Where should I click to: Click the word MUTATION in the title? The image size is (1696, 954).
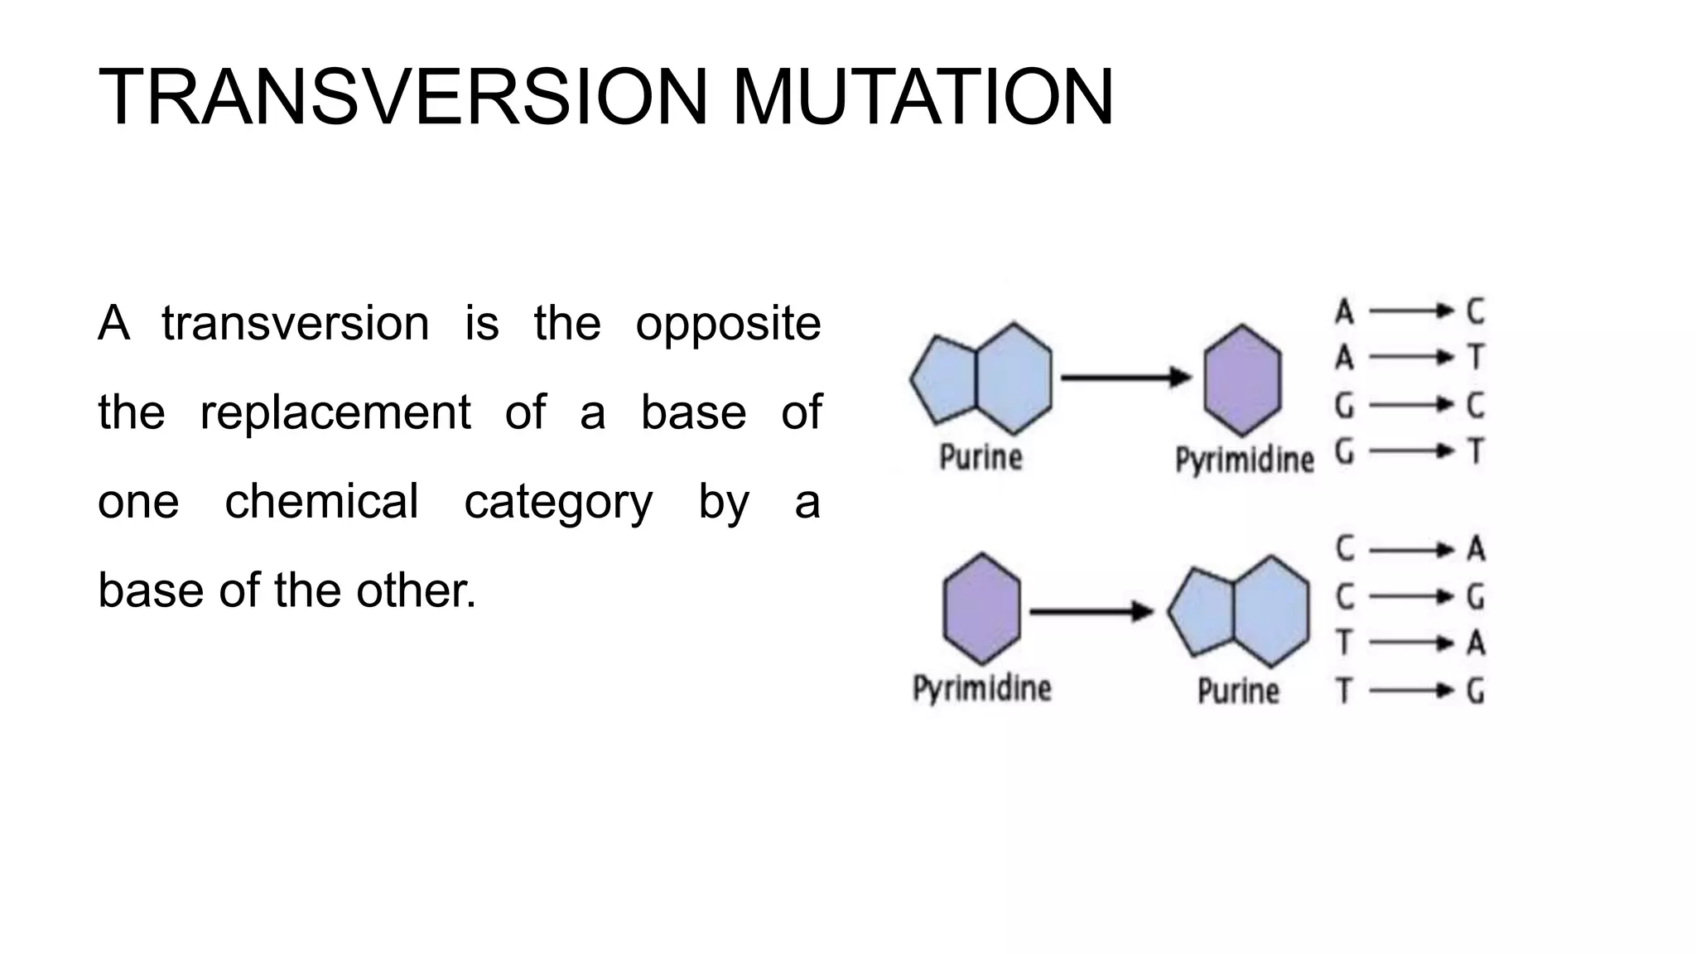[923, 98]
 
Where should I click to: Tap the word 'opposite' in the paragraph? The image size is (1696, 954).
[728, 323]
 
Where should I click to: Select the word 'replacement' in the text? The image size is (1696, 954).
[335, 412]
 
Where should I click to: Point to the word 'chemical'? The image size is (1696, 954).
[321, 502]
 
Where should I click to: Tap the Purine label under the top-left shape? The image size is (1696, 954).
[980, 457]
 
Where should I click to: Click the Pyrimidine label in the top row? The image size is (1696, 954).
[1244, 460]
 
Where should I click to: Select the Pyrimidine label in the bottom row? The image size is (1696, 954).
[981, 688]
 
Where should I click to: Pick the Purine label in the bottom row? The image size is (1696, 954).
[1238, 691]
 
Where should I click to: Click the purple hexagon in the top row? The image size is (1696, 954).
[1242, 380]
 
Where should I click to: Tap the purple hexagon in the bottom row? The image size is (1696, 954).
[981, 609]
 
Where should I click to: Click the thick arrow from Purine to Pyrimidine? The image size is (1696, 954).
[1125, 378]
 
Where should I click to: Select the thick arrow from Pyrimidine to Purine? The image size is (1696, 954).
[1091, 612]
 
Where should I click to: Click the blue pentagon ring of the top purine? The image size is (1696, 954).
[944, 379]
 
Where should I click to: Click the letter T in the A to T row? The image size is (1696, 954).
[1475, 358]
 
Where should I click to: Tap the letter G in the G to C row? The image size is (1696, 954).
[1344, 405]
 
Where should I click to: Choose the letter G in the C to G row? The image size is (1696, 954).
[1475, 596]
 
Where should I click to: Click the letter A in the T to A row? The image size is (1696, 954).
[1475, 643]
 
